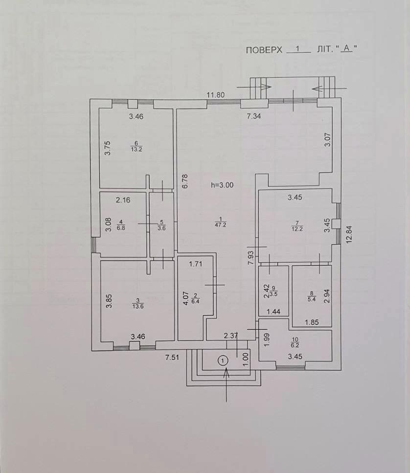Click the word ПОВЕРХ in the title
tap(264, 50)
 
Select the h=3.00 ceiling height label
tap(222, 185)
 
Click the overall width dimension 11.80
tap(216, 95)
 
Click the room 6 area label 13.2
tap(137, 149)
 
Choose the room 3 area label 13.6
tap(138, 306)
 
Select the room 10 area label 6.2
tap(296, 345)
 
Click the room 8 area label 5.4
tap(312, 299)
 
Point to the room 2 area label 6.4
tap(196, 301)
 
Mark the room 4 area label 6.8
tap(121, 228)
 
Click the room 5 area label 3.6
tap(162, 228)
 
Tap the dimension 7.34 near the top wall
tap(254, 116)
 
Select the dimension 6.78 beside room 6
tap(185, 181)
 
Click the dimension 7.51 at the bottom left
tap(172, 358)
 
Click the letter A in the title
tap(347, 47)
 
